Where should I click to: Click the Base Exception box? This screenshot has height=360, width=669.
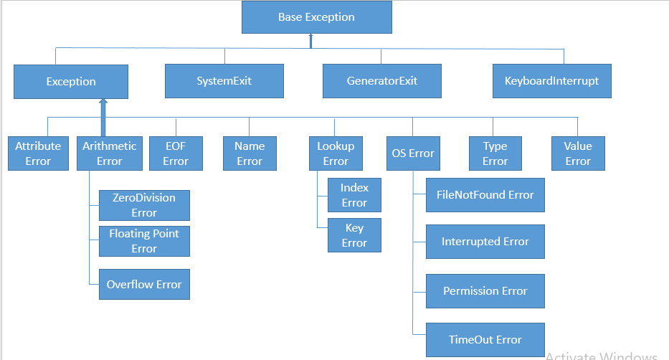tap(316, 17)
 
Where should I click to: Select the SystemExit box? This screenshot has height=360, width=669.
tap(224, 81)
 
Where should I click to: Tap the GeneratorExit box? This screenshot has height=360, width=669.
tap(381, 81)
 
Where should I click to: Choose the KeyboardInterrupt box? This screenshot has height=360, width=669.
tap(551, 81)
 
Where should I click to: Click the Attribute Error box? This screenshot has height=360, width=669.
tap(38, 153)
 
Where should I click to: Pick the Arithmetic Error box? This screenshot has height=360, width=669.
tap(109, 153)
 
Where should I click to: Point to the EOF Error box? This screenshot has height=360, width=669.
tap(175, 153)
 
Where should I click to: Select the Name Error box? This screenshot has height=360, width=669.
tap(249, 153)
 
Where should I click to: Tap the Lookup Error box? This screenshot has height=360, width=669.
tap(336, 153)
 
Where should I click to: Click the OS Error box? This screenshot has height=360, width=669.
tap(413, 153)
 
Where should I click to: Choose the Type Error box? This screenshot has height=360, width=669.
tap(495, 153)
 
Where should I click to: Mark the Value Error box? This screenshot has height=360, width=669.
tap(578, 153)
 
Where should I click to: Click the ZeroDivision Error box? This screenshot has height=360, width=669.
tap(144, 205)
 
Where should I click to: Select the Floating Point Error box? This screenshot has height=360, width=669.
tap(144, 241)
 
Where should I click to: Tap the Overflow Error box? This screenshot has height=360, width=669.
tap(144, 285)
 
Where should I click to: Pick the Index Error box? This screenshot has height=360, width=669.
tap(354, 195)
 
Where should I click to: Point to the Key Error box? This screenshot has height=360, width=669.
tap(354, 236)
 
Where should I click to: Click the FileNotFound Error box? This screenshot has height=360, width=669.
tap(485, 195)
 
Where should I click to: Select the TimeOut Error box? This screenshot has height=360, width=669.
tap(485, 340)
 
